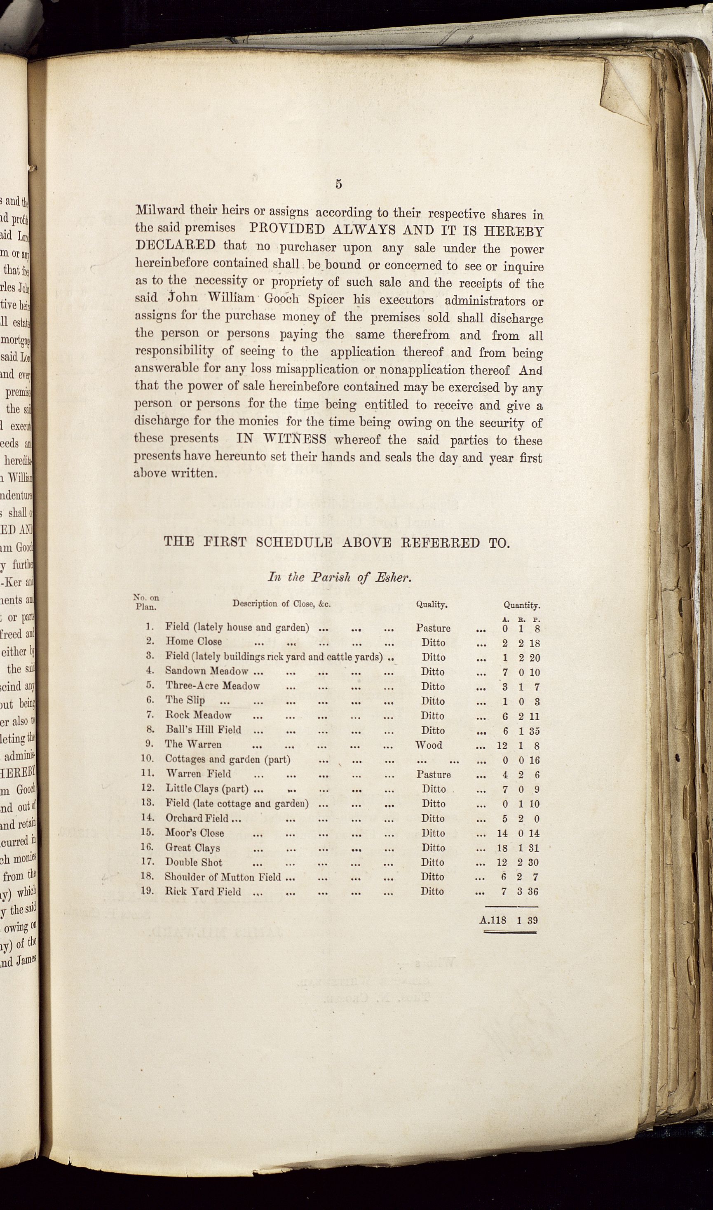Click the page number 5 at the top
tap(339, 184)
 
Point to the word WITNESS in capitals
tap(281, 439)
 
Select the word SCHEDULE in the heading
tap(293, 543)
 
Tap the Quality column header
tap(432, 604)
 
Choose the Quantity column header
tap(522, 606)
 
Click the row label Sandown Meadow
tap(206, 671)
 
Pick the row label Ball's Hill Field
tap(203, 730)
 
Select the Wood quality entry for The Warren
tap(429, 745)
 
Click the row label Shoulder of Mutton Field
tap(223, 877)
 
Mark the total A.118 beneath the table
tap(493, 920)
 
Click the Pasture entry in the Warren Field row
tap(434, 774)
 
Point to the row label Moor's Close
tap(195, 833)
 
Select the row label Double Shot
tap(194, 862)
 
